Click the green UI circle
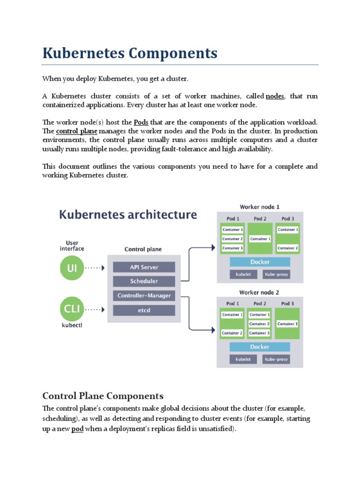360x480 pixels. [x=72, y=268]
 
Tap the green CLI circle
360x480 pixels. [x=72, y=309]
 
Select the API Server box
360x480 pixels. [x=144, y=267]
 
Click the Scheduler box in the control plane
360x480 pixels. [x=144, y=281]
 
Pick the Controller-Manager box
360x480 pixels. [x=144, y=296]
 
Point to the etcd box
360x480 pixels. [x=144, y=310]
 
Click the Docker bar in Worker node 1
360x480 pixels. [x=260, y=262]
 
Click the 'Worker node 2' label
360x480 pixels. [x=259, y=292]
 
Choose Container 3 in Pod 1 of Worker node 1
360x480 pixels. [x=232, y=248]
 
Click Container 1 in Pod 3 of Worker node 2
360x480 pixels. [x=287, y=324]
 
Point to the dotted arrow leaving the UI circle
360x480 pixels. [x=95, y=268]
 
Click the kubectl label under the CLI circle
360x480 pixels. [x=72, y=324]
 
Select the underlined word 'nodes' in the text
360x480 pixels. [x=275, y=96]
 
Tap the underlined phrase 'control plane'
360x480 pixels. [x=76, y=131]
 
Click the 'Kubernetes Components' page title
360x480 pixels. [x=130, y=53]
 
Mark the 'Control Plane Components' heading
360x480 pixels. [x=103, y=395]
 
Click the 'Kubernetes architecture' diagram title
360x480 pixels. [x=128, y=215]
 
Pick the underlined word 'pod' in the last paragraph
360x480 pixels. [x=77, y=429]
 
